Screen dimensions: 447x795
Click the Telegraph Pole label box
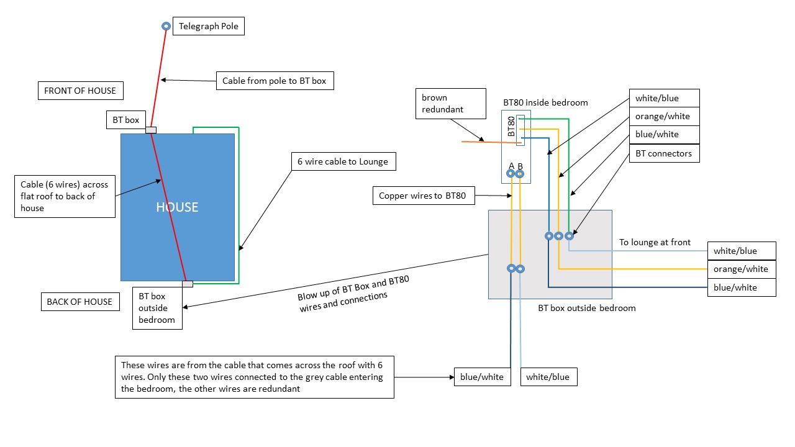[x=209, y=26]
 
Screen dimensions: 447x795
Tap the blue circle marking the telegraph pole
[x=166, y=26]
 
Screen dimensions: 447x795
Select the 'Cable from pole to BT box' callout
[x=275, y=81]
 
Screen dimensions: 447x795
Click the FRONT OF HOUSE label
[x=80, y=91]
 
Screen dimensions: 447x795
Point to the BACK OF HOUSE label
[x=79, y=302]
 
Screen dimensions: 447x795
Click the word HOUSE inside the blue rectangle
[x=177, y=207]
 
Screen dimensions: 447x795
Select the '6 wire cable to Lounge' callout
[x=343, y=161]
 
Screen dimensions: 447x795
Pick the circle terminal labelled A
[x=511, y=174]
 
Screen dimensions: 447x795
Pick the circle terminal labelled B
[x=520, y=174]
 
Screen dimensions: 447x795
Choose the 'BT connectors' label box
[x=664, y=153]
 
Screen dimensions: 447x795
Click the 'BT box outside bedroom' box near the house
[x=157, y=308]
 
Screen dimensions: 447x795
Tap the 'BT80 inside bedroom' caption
[x=545, y=102]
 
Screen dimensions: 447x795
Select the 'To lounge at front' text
[x=655, y=242]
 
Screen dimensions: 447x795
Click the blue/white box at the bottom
[x=481, y=377]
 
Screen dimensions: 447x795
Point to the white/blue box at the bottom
[x=547, y=377]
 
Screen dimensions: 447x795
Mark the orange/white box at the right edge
[x=741, y=269]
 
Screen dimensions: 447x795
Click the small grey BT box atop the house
[x=150, y=130]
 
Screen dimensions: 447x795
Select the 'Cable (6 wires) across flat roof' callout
[x=65, y=196]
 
